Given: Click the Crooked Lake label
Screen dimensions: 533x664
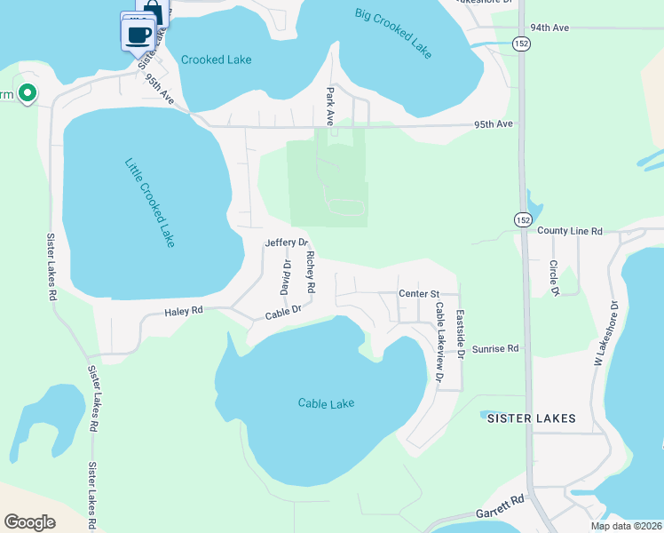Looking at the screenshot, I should point(216,60).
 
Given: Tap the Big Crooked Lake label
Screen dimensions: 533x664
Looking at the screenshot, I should point(393,34).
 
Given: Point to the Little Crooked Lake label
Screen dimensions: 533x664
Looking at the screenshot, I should point(150,203).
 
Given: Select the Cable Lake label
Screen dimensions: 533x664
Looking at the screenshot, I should point(326,403).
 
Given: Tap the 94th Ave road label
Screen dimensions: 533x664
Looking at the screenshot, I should point(549,28).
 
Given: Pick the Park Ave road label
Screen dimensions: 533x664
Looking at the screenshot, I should point(329,105).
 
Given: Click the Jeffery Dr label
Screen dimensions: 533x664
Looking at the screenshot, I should point(286,243).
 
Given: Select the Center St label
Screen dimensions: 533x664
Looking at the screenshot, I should point(419,293).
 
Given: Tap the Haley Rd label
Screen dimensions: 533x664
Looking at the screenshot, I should point(184,311).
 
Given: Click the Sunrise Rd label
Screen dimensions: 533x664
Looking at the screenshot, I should point(494,349).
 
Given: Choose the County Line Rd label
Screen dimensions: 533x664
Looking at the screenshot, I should point(570,231).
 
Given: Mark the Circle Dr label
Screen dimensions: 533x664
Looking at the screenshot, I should point(554,277).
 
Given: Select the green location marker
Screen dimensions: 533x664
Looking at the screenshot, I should point(28,92).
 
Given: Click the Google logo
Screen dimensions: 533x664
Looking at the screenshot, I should point(31,521).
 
